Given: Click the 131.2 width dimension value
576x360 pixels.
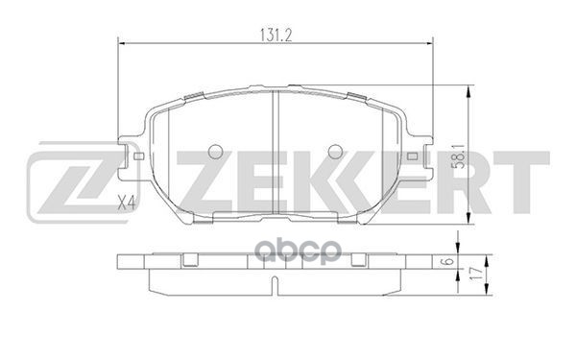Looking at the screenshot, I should point(276,31).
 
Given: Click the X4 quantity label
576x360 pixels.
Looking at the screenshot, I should point(124,202).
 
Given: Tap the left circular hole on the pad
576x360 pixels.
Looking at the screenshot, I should point(215,153).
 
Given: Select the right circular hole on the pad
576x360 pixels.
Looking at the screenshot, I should point(335,153).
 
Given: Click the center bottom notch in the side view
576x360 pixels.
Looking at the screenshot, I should point(276,285).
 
